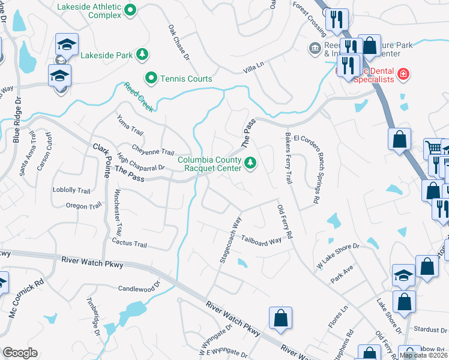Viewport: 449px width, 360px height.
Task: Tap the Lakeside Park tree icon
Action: coord(142,55)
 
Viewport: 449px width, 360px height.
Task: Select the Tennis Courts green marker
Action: coord(151,78)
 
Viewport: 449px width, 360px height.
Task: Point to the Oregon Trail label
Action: coord(84,206)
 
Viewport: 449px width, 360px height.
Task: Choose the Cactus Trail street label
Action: coord(129,244)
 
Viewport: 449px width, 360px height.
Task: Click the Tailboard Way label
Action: coord(262,241)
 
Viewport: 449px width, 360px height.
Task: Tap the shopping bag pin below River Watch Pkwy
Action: coord(280,319)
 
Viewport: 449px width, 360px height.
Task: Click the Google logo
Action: coord(20,353)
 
